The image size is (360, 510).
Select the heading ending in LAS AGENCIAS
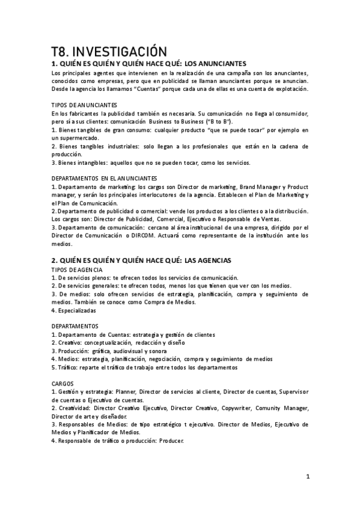[x=141, y=260]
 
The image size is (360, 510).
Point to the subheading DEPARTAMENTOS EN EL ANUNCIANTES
[x=104, y=178]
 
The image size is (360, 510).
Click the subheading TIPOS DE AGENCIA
[x=76, y=269]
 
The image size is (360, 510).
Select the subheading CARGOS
[x=63, y=383]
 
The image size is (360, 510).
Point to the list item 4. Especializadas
[x=73, y=311]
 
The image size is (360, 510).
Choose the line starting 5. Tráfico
[x=144, y=367]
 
